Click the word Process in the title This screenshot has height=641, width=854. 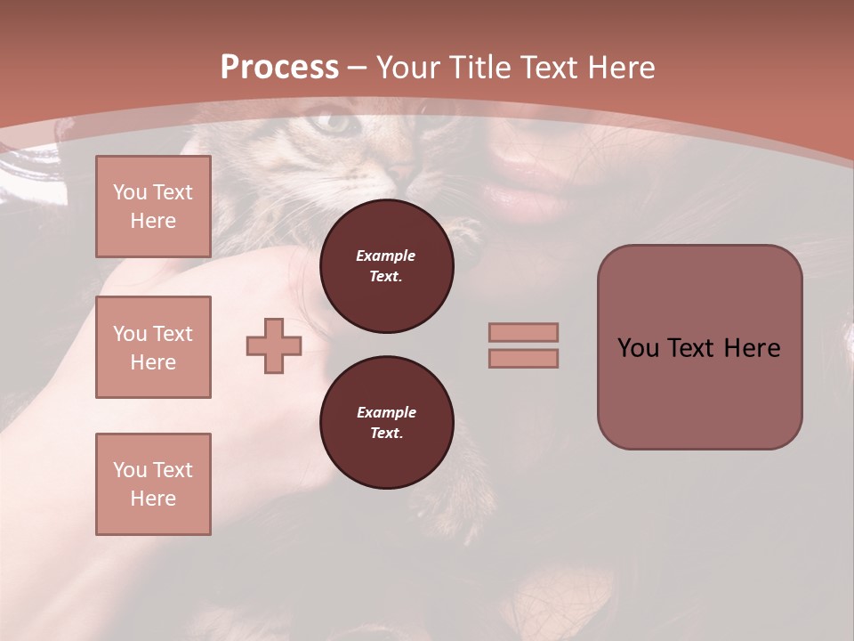(279, 68)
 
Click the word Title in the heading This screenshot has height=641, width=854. (480, 68)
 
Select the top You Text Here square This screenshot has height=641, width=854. (153, 207)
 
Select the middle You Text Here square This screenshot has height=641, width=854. (153, 347)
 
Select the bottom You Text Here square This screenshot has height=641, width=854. (153, 484)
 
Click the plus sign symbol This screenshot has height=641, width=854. (274, 345)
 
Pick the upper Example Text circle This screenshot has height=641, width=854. (386, 266)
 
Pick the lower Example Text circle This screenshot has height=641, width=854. (386, 423)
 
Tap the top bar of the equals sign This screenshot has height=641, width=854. (523, 332)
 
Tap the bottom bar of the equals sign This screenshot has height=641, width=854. (523, 358)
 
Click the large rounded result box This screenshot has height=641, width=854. (699, 347)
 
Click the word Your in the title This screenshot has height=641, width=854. (408, 68)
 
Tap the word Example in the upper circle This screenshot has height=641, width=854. (386, 256)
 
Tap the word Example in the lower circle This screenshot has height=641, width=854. (386, 412)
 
